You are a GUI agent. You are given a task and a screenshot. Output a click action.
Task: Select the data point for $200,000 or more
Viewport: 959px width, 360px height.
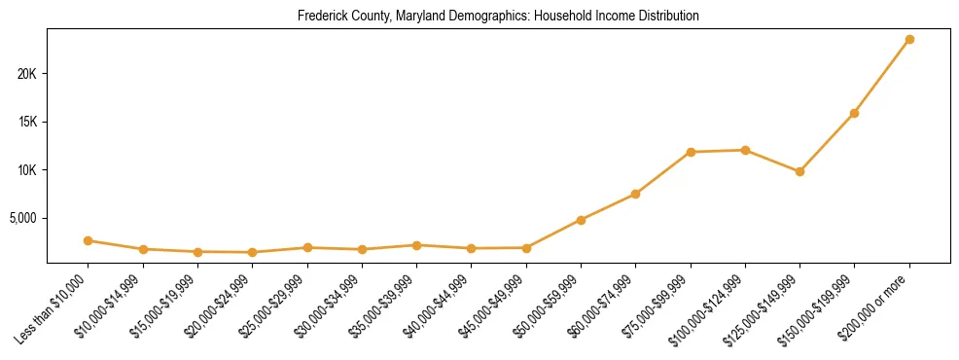pyautogui.click(x=909, y=39)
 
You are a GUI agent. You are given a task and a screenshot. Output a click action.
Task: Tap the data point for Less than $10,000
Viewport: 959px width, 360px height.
pyautogui.click(x=88, y=240)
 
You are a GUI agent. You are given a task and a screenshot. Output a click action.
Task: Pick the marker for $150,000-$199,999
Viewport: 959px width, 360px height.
pyautogui.click(x=854, y=113)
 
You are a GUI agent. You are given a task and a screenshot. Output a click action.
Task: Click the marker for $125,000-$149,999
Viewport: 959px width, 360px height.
pyautogui.click(x=799, y=171)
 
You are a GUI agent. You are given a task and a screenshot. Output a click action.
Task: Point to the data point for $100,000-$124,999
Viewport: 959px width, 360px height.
pyautogui.click(x=745, y=150)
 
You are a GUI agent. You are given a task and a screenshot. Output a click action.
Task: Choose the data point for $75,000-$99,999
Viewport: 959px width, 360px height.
pyautogui.click(x=691, y=152)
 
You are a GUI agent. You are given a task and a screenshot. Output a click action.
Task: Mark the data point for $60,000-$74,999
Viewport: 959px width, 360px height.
pyautogui.click(x=635, y=194)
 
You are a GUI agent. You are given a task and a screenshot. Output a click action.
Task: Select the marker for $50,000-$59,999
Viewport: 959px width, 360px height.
pyautogui.click(x=581, y=220)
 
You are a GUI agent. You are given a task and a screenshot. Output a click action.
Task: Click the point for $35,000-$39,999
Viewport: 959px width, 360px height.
pyautogui.click(x=416, y=245)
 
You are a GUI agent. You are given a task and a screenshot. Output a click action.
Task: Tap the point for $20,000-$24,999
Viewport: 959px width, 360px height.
pyautogui.click(x=252, y=252)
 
